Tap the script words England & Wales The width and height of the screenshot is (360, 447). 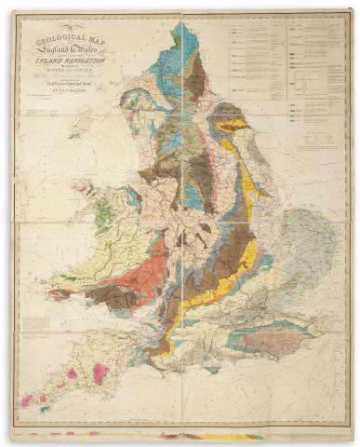[x=73, y=51]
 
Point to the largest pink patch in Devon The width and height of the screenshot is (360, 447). [x=100, y=372]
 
